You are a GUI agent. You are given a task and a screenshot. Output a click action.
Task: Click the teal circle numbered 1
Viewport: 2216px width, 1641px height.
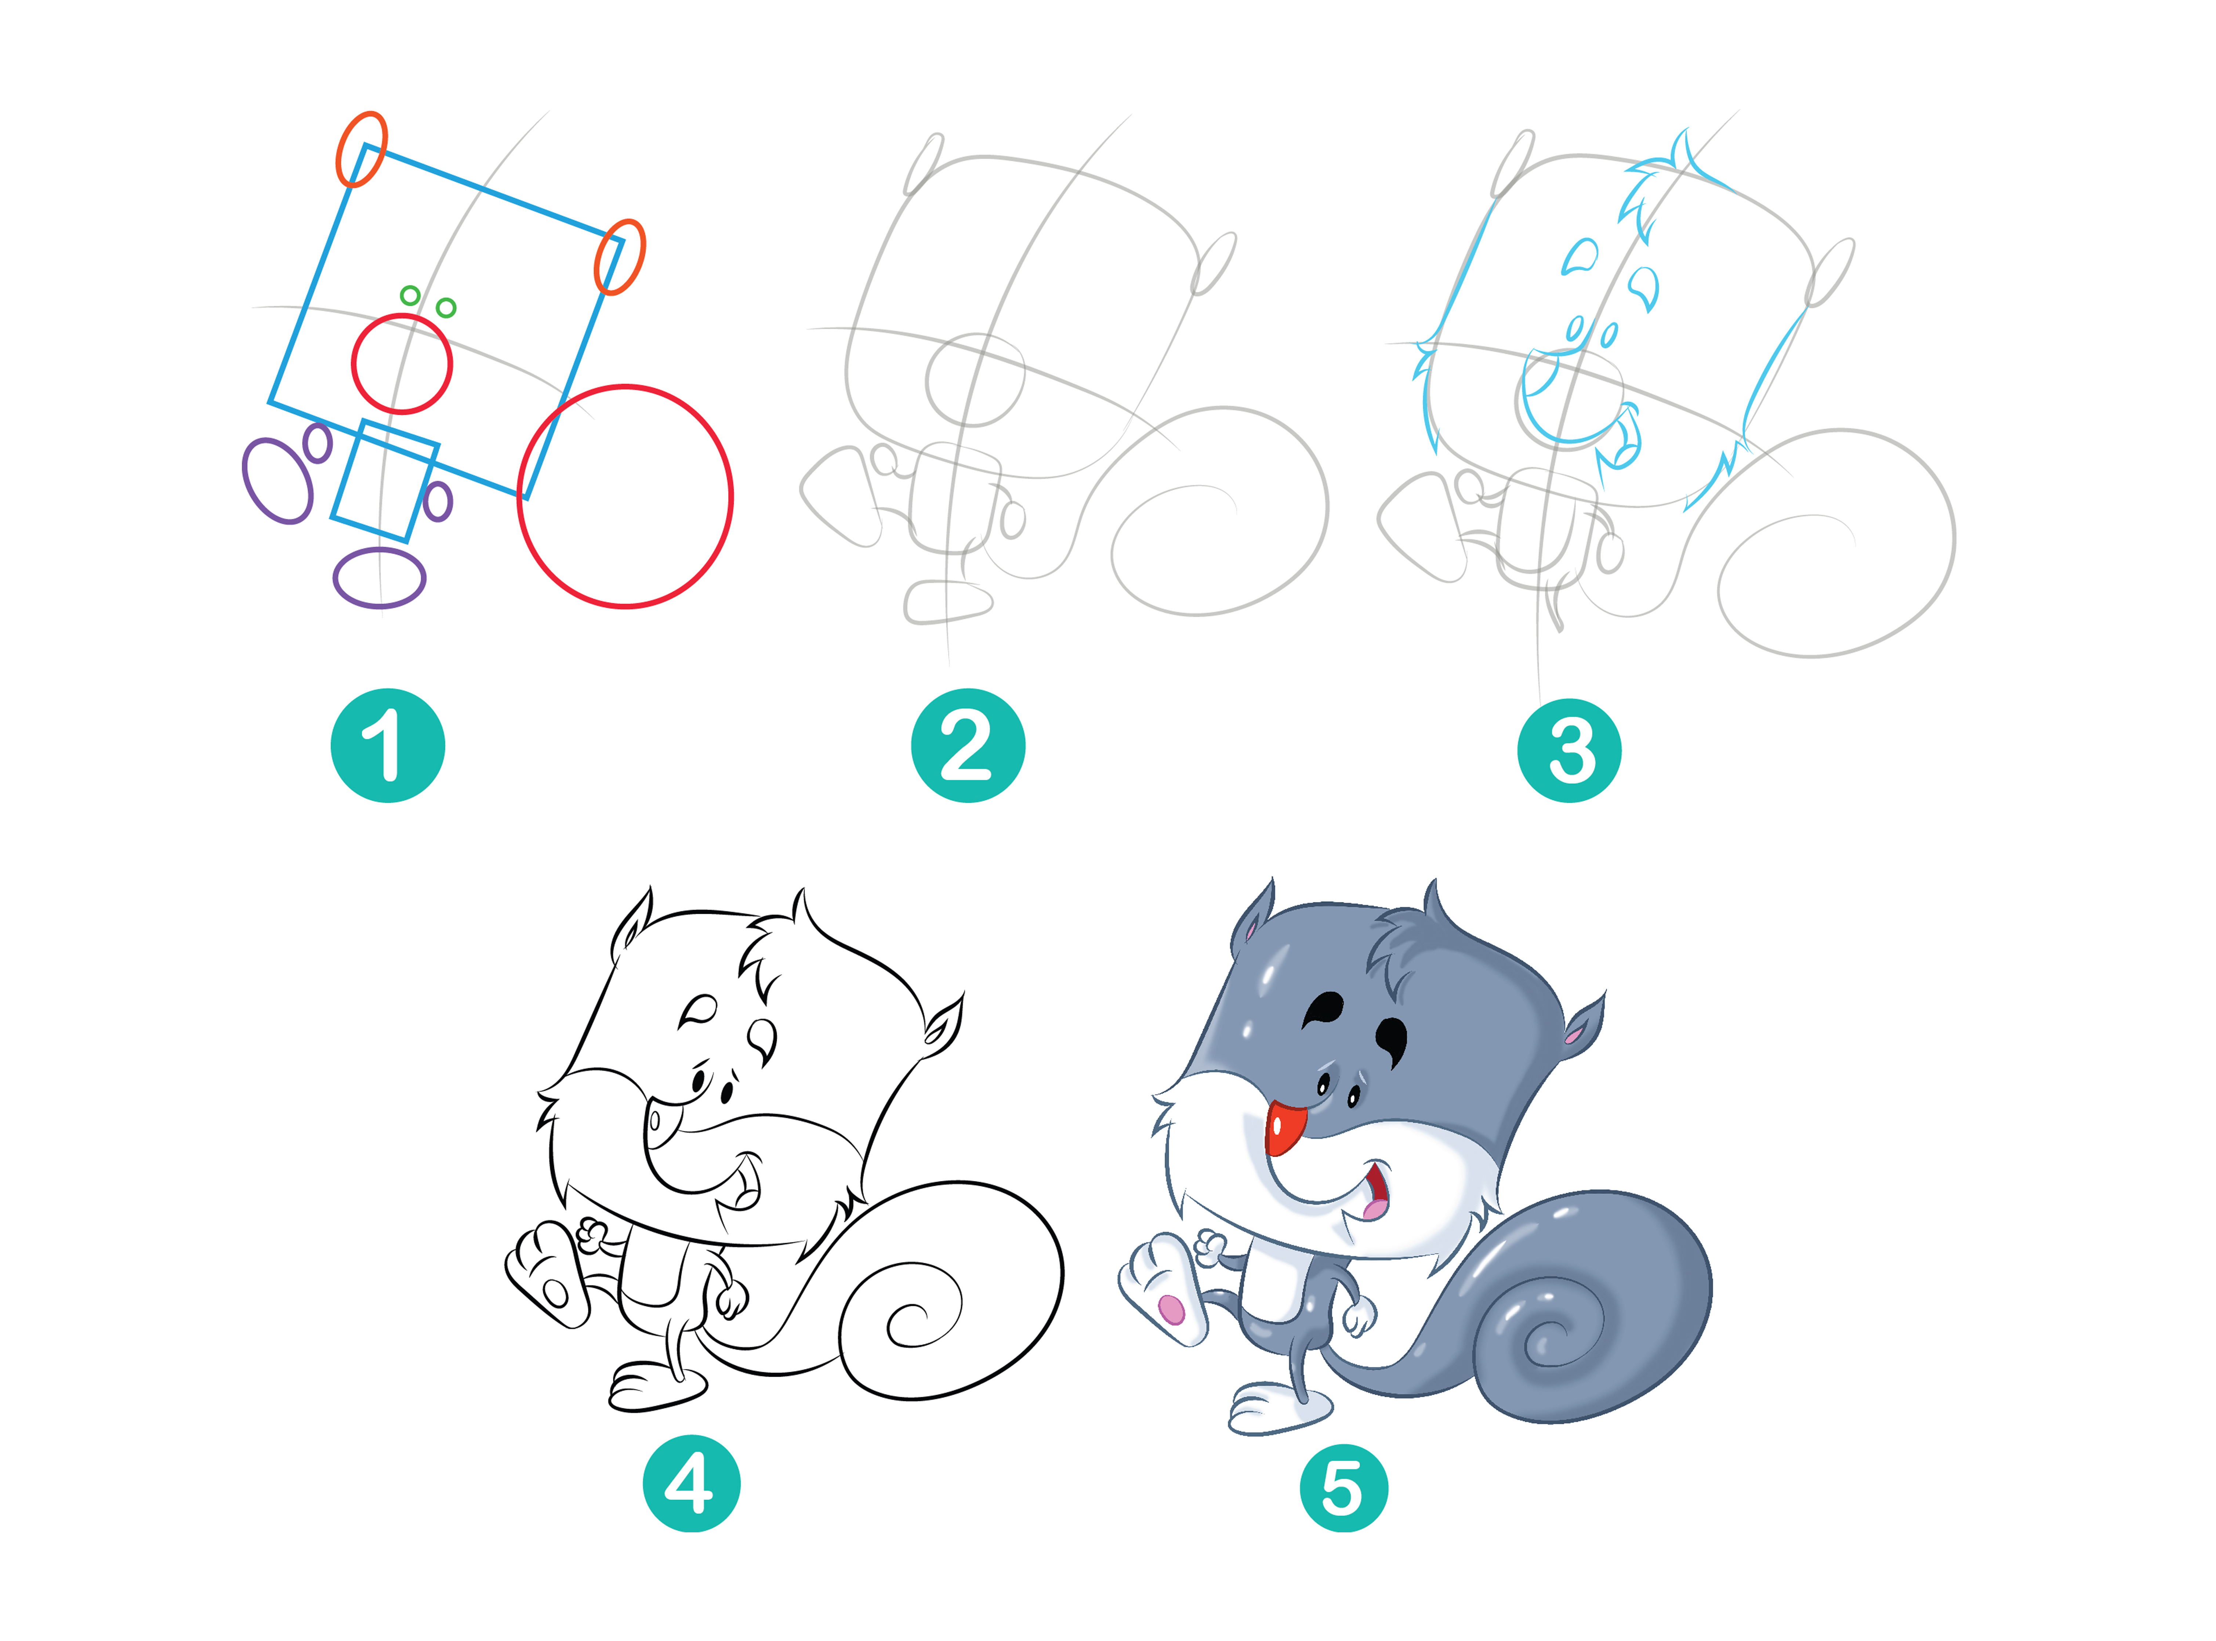point(387,745)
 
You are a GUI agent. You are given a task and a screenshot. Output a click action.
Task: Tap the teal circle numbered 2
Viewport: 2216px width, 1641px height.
point(968,745)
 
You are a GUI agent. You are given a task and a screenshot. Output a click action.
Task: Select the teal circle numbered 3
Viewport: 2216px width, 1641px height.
point(1569,750)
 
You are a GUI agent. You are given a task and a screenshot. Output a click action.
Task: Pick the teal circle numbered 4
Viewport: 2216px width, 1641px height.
point(691,1483)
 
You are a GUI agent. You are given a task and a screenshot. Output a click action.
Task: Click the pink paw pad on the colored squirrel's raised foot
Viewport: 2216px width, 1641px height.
point(1172,1309)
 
